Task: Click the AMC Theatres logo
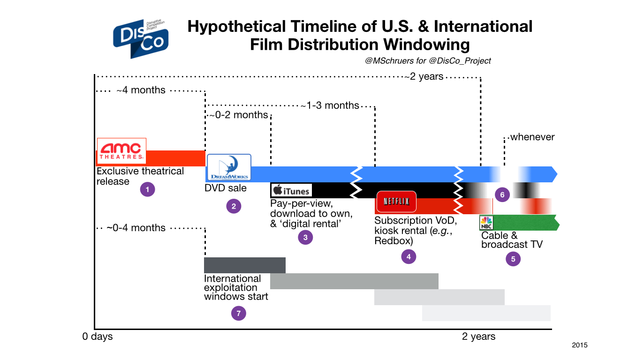121,151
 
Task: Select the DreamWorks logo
229,167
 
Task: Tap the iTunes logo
291,190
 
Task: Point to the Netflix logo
396,202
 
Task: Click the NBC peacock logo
486,223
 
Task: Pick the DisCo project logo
141,38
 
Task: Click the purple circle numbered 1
147,189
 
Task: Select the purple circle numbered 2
234,206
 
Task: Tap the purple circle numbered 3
305,237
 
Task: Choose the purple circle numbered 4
409,256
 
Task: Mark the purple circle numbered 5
513,259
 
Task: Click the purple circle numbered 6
502,195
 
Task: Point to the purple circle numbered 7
239,313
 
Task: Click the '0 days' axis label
98,337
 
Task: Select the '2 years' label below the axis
478,337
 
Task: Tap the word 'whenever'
532,137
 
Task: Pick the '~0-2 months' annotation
239,115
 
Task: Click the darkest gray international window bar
245,265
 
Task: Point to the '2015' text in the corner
580,345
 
